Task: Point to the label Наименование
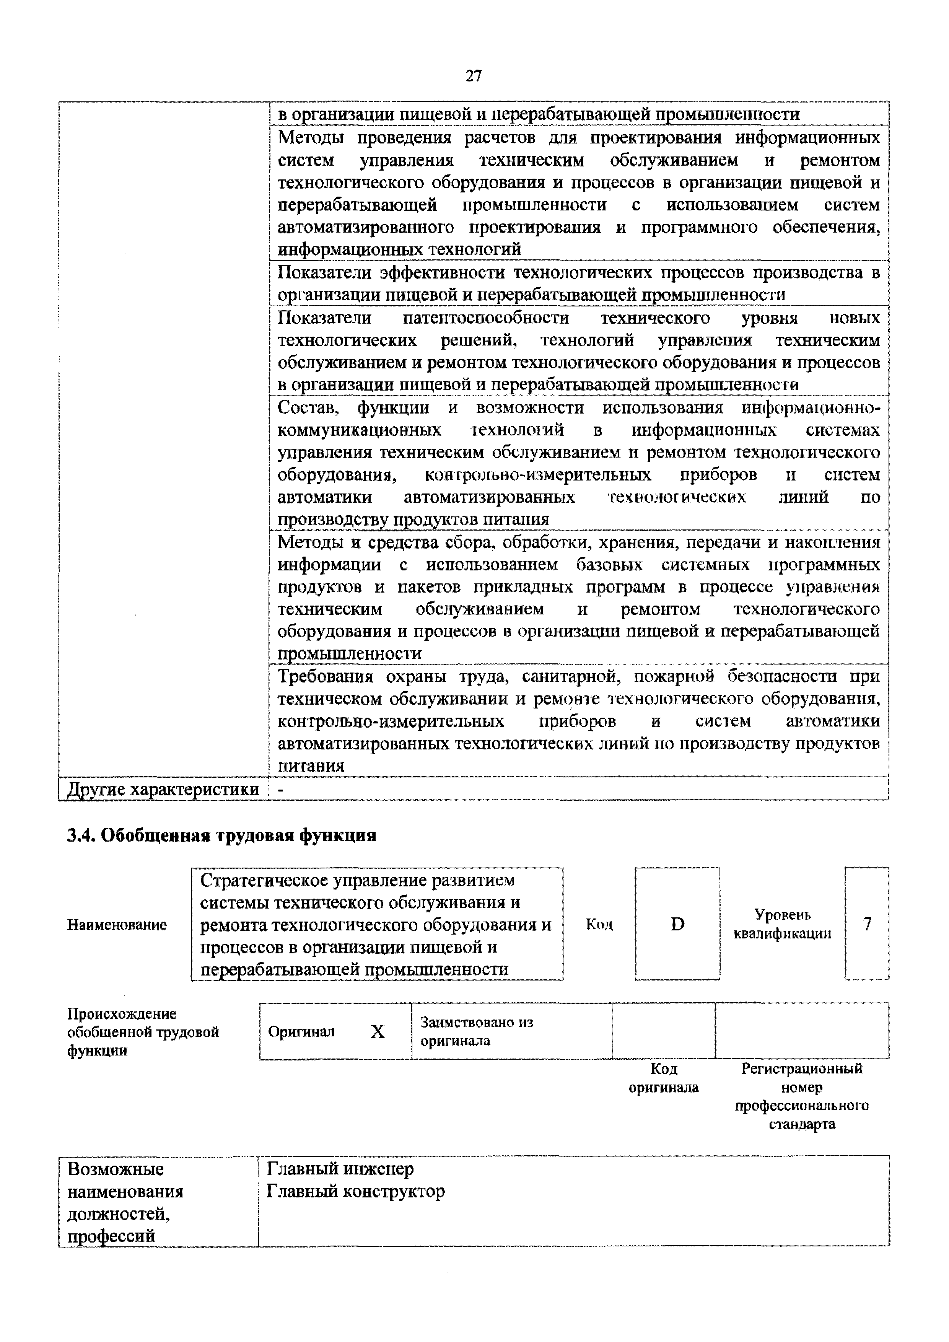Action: pyautogui.click(x=117, y=925)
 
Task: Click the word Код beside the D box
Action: pyautogui.click(x=599, y=924)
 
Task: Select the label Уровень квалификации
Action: pyautogui.click(x=783, y=924)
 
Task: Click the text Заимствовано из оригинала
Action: pyautogui.click(x=476, y=1031)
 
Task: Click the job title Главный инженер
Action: pyautogui.click(x=340, y=1169)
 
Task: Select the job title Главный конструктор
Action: pyautogui.click(x=355, y=1191)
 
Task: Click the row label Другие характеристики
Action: pyautogui.click(x=163, y=789)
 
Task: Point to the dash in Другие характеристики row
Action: pyautogui.click(x=281, y=790)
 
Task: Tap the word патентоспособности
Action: pyautogui.click(x=486, y=318)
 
